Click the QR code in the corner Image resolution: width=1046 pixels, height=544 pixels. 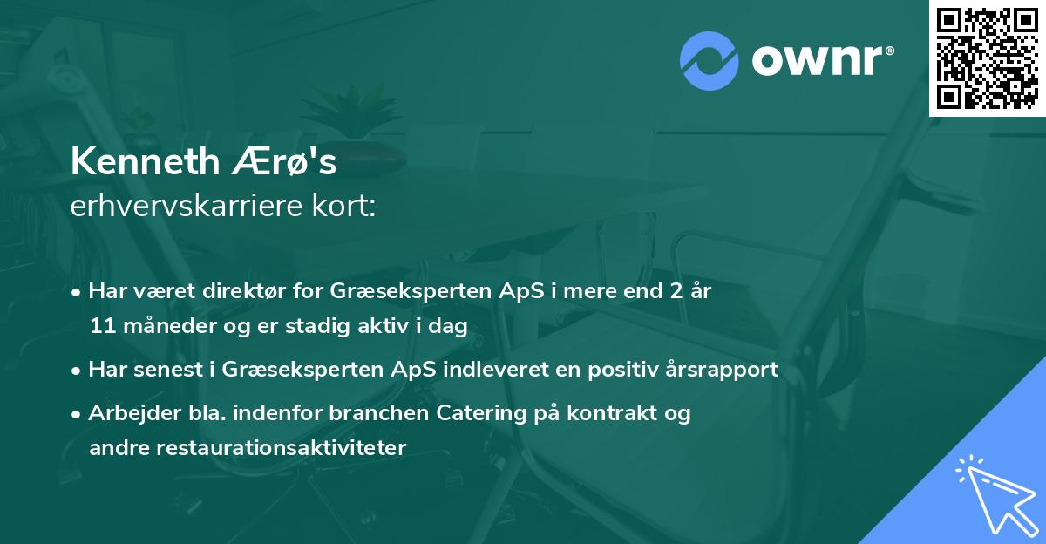click(x=987, y=58)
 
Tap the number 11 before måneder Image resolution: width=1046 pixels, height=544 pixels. click(x=100, y=326)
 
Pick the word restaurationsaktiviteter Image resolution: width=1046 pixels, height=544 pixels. click(x=248, y=448)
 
